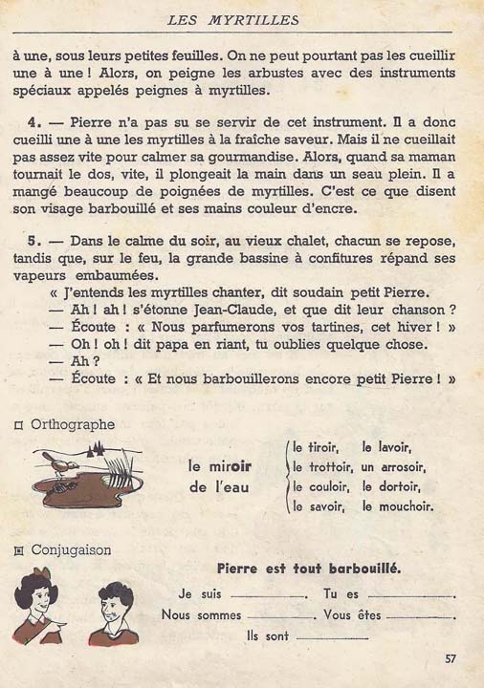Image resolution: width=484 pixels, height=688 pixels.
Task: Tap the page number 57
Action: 451,658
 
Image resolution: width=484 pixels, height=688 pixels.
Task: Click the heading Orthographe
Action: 73,424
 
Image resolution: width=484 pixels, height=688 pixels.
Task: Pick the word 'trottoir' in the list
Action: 328,467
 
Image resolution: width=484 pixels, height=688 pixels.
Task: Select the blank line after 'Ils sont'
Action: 331,635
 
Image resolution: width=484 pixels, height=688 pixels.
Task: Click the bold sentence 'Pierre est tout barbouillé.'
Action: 308,569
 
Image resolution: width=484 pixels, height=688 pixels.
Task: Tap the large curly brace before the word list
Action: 284,477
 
